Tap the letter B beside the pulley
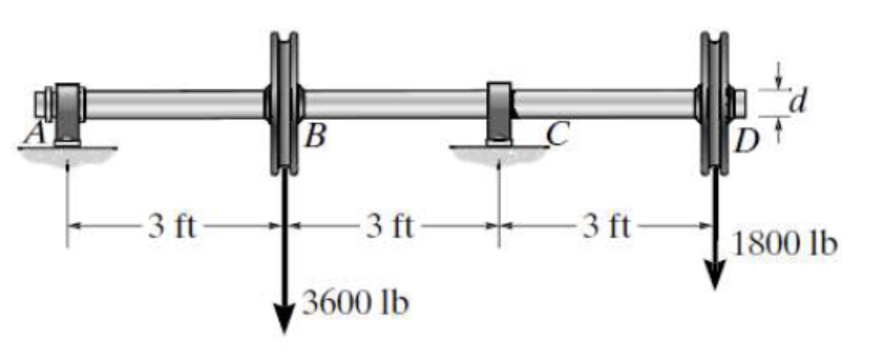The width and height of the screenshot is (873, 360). tap(316, 137)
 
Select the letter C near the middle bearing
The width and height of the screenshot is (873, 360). tap(558, 133)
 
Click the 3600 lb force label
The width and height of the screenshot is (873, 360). tap(355, 303)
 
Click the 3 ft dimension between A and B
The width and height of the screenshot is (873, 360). tap(172, 226)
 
